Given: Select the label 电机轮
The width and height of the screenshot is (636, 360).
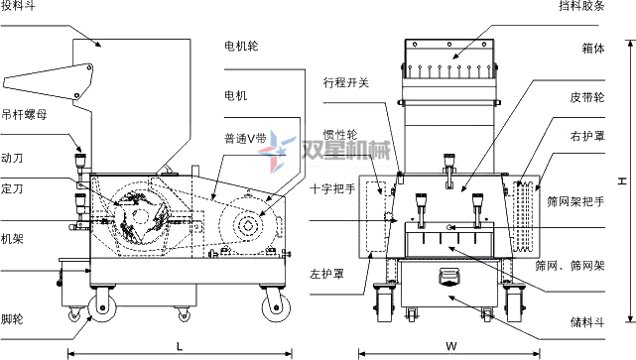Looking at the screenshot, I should click(241, 46).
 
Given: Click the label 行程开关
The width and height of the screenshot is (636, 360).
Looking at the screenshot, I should click(345, 82).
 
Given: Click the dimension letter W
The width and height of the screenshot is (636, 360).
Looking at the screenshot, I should click(449, 345).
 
